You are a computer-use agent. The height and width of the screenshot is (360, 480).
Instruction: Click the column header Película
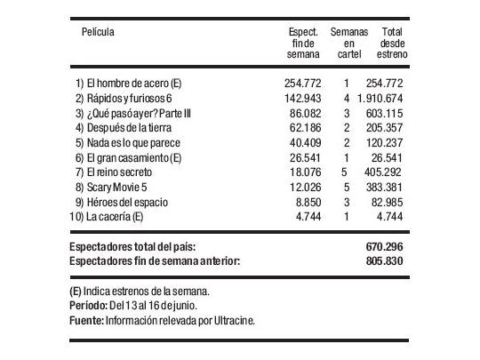click(99, 32)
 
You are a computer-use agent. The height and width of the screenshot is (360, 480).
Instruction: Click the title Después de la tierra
click(127, 127)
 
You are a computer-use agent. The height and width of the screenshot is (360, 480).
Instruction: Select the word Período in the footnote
click(87, 304)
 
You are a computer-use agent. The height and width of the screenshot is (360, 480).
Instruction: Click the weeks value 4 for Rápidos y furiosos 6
click(345, 97)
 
